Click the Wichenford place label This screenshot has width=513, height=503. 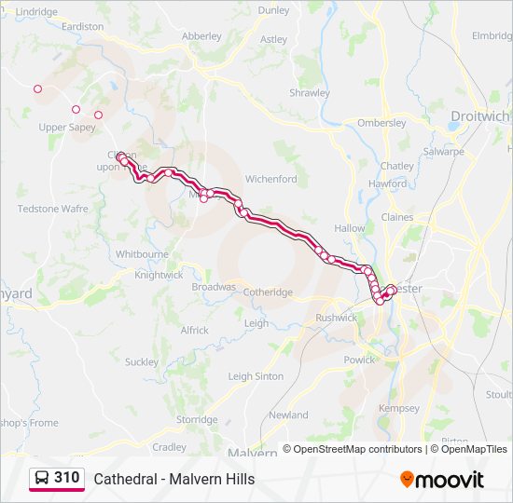pyautogui.click(x=270, y=179)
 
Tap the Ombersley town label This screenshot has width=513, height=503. pyautogui.click(x=381, y=123)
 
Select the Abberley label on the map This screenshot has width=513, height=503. pyautogui.click(x=201, y=36)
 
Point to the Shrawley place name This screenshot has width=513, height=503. pyautogui.click(x=310, y=93)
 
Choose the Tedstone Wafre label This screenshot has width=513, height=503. pyautogui.click(x=53, y=209)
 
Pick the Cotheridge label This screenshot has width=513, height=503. pyautogui.click(x=268, y=292)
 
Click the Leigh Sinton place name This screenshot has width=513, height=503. pyautogui.click(x=256, y=376)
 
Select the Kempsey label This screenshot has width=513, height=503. pyautogui.click(x=399, y=409)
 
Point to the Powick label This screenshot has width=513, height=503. pyautogui.click(x=360, y=360)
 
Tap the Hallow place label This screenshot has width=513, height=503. pyautogui.click(x=350, y=228)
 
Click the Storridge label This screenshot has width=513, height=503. pyautogui.click(x=197, y=420)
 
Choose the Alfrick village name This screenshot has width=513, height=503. pyautogui.click(x=195, y=331)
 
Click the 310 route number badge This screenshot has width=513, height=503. pyautogui.click(x=66, y=478)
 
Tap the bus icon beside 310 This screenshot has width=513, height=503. pyautogui.click(x=42, y=478)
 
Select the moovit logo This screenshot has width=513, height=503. pyautogui.click(x=442, y=480)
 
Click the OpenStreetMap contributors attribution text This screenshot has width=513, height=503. pyautogui.click(x=353, y=449)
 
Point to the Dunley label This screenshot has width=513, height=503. pyautogui.click(x=274, y=10)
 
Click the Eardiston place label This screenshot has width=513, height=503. pyautogui.click(x=82, y=27)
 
